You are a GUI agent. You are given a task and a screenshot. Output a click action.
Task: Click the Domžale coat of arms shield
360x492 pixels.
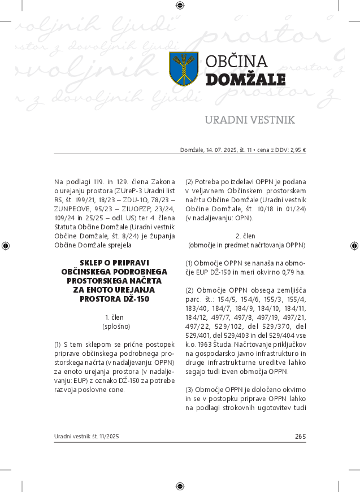(x=184, y=69)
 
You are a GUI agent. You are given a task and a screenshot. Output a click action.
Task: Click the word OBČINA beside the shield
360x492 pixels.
(x=236, y=62)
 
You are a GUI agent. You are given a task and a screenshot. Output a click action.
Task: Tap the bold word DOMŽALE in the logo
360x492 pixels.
(x=245, y=80)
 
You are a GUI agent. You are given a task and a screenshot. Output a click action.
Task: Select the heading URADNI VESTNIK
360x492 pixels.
(x=249, y=120)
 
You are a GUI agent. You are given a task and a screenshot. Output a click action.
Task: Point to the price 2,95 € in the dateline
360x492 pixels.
(x=297, y=150)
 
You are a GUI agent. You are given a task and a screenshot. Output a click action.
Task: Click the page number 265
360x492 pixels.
(x=300, y=436)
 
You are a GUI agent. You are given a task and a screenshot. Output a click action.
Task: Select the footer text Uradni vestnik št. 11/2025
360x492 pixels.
(x=86, y=437)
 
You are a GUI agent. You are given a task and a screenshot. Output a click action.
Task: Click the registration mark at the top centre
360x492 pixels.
(x=180, y=6)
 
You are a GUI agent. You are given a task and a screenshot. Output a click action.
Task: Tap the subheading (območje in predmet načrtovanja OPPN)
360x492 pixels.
(x=246, y=245)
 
